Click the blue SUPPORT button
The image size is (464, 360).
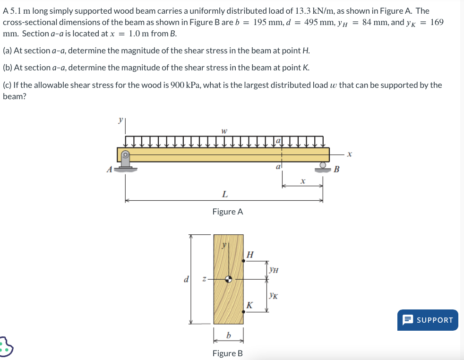[x=428, y=320]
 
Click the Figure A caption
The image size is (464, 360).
[x=228, y=212]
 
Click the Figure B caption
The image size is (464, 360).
[x=228, y=353]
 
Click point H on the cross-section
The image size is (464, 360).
[x=244, y=259]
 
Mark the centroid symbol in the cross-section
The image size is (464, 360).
[x=229, y=279]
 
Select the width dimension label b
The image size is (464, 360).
[x=229, y=335]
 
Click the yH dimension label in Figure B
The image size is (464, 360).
[x=274, y=270]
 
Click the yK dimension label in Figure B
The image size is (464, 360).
[x=273, y=296]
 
